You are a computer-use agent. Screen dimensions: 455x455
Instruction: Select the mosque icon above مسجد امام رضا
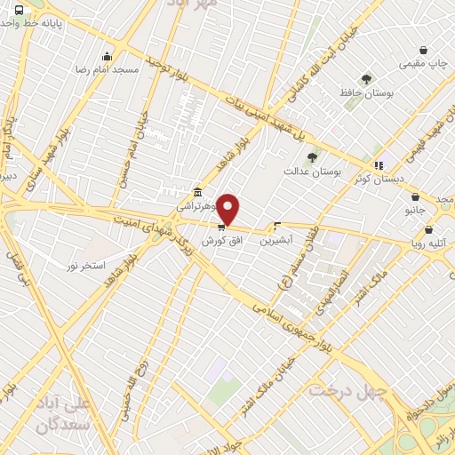(x=108, y=57)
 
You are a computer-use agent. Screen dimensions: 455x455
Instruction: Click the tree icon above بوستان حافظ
(x=366, y=79)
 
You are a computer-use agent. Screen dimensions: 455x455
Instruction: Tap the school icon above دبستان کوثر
(x=379, y=164)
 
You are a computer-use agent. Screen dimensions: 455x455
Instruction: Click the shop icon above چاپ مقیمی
(x=423, y=51)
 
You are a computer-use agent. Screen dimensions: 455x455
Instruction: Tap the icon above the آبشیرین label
(x=278, y=226)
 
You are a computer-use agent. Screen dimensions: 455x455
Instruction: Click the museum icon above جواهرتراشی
(x=196, y=193)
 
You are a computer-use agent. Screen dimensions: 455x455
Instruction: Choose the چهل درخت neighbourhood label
(x=347, y=390)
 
